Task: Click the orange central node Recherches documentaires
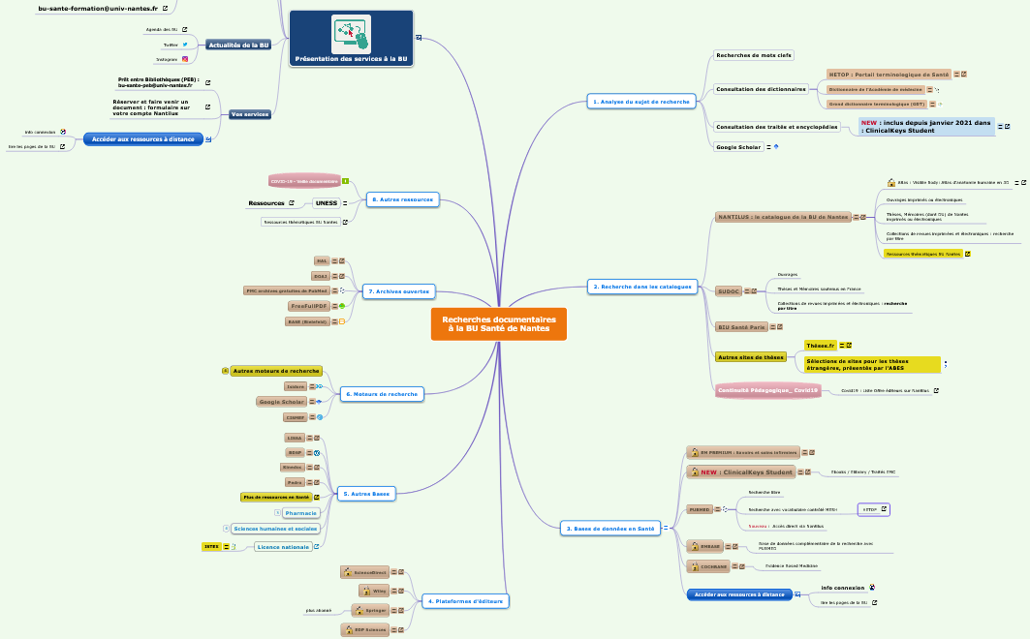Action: pos(499,324)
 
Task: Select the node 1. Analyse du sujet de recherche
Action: pos(640,102)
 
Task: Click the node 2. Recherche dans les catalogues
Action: pos(641,287)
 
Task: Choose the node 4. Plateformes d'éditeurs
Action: pos(464,601)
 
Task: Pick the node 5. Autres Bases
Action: pos(366,494)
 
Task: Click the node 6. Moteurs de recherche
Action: pos(382,394)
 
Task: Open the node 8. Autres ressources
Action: pos(402,199)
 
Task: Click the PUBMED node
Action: pos(700,509)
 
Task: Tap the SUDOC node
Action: pos(729,290)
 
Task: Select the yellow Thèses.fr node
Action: pos(820,345)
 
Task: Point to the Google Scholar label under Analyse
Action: pos(738,147)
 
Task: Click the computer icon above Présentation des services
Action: pos(351,34)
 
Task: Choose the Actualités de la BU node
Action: pos(237,45)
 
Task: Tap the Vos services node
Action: pos(250,114)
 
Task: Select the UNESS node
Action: pos(326,203)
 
